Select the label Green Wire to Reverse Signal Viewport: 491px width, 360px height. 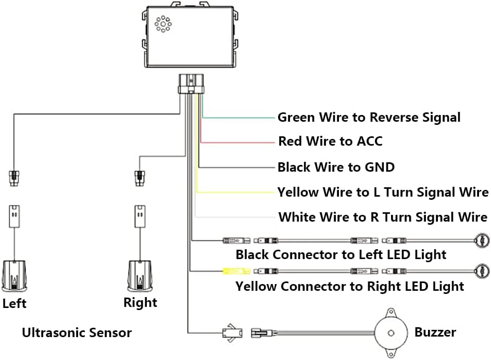pos(369,118)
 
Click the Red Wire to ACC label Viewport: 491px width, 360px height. pos(330,141)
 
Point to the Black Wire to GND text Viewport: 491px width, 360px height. pos(336,167)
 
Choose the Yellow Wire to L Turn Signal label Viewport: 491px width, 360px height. pos(383,192)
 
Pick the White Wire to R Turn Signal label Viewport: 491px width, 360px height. pos(383,217)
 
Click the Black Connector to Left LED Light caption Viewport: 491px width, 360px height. pos(341,254)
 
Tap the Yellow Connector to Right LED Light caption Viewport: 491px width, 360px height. pos(349,286)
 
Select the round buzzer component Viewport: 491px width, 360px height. pos(389,331)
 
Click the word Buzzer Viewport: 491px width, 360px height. pos(435,332)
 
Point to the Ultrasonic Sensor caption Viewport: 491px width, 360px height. pos(77,332)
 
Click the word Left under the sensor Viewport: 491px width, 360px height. pos(14,303)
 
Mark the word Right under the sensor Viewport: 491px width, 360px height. pos(140,302)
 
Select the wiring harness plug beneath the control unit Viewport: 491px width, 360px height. pos(191,83)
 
